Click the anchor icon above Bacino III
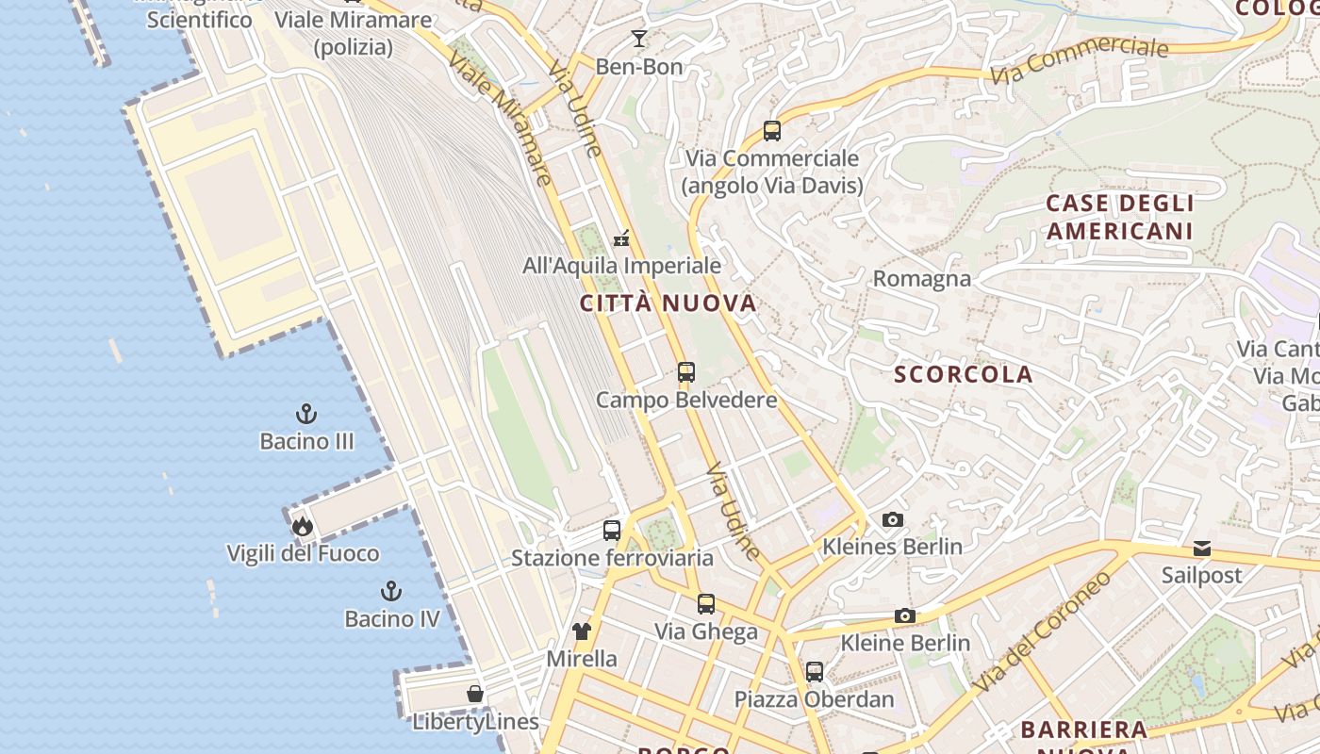(306, 414)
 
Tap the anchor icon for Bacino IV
(390, 591)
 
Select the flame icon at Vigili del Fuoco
(302, 526)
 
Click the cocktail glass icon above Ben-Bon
(639, 39)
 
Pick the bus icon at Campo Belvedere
(686, 372)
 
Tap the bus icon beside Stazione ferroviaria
(612, 531)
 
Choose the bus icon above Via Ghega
(706, 604)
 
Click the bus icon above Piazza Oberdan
(815, 672)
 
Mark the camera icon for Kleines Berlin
(892, 519)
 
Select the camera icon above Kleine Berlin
(905, 616)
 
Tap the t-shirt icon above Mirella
(582, 631)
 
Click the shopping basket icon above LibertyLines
(475, 695)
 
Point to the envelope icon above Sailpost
(1201, 549)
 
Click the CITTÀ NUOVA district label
(668, 303)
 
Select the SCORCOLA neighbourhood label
(964, 374)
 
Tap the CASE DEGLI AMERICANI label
(1120, 217)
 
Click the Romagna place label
(921, 279)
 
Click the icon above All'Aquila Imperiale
(621, 238)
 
